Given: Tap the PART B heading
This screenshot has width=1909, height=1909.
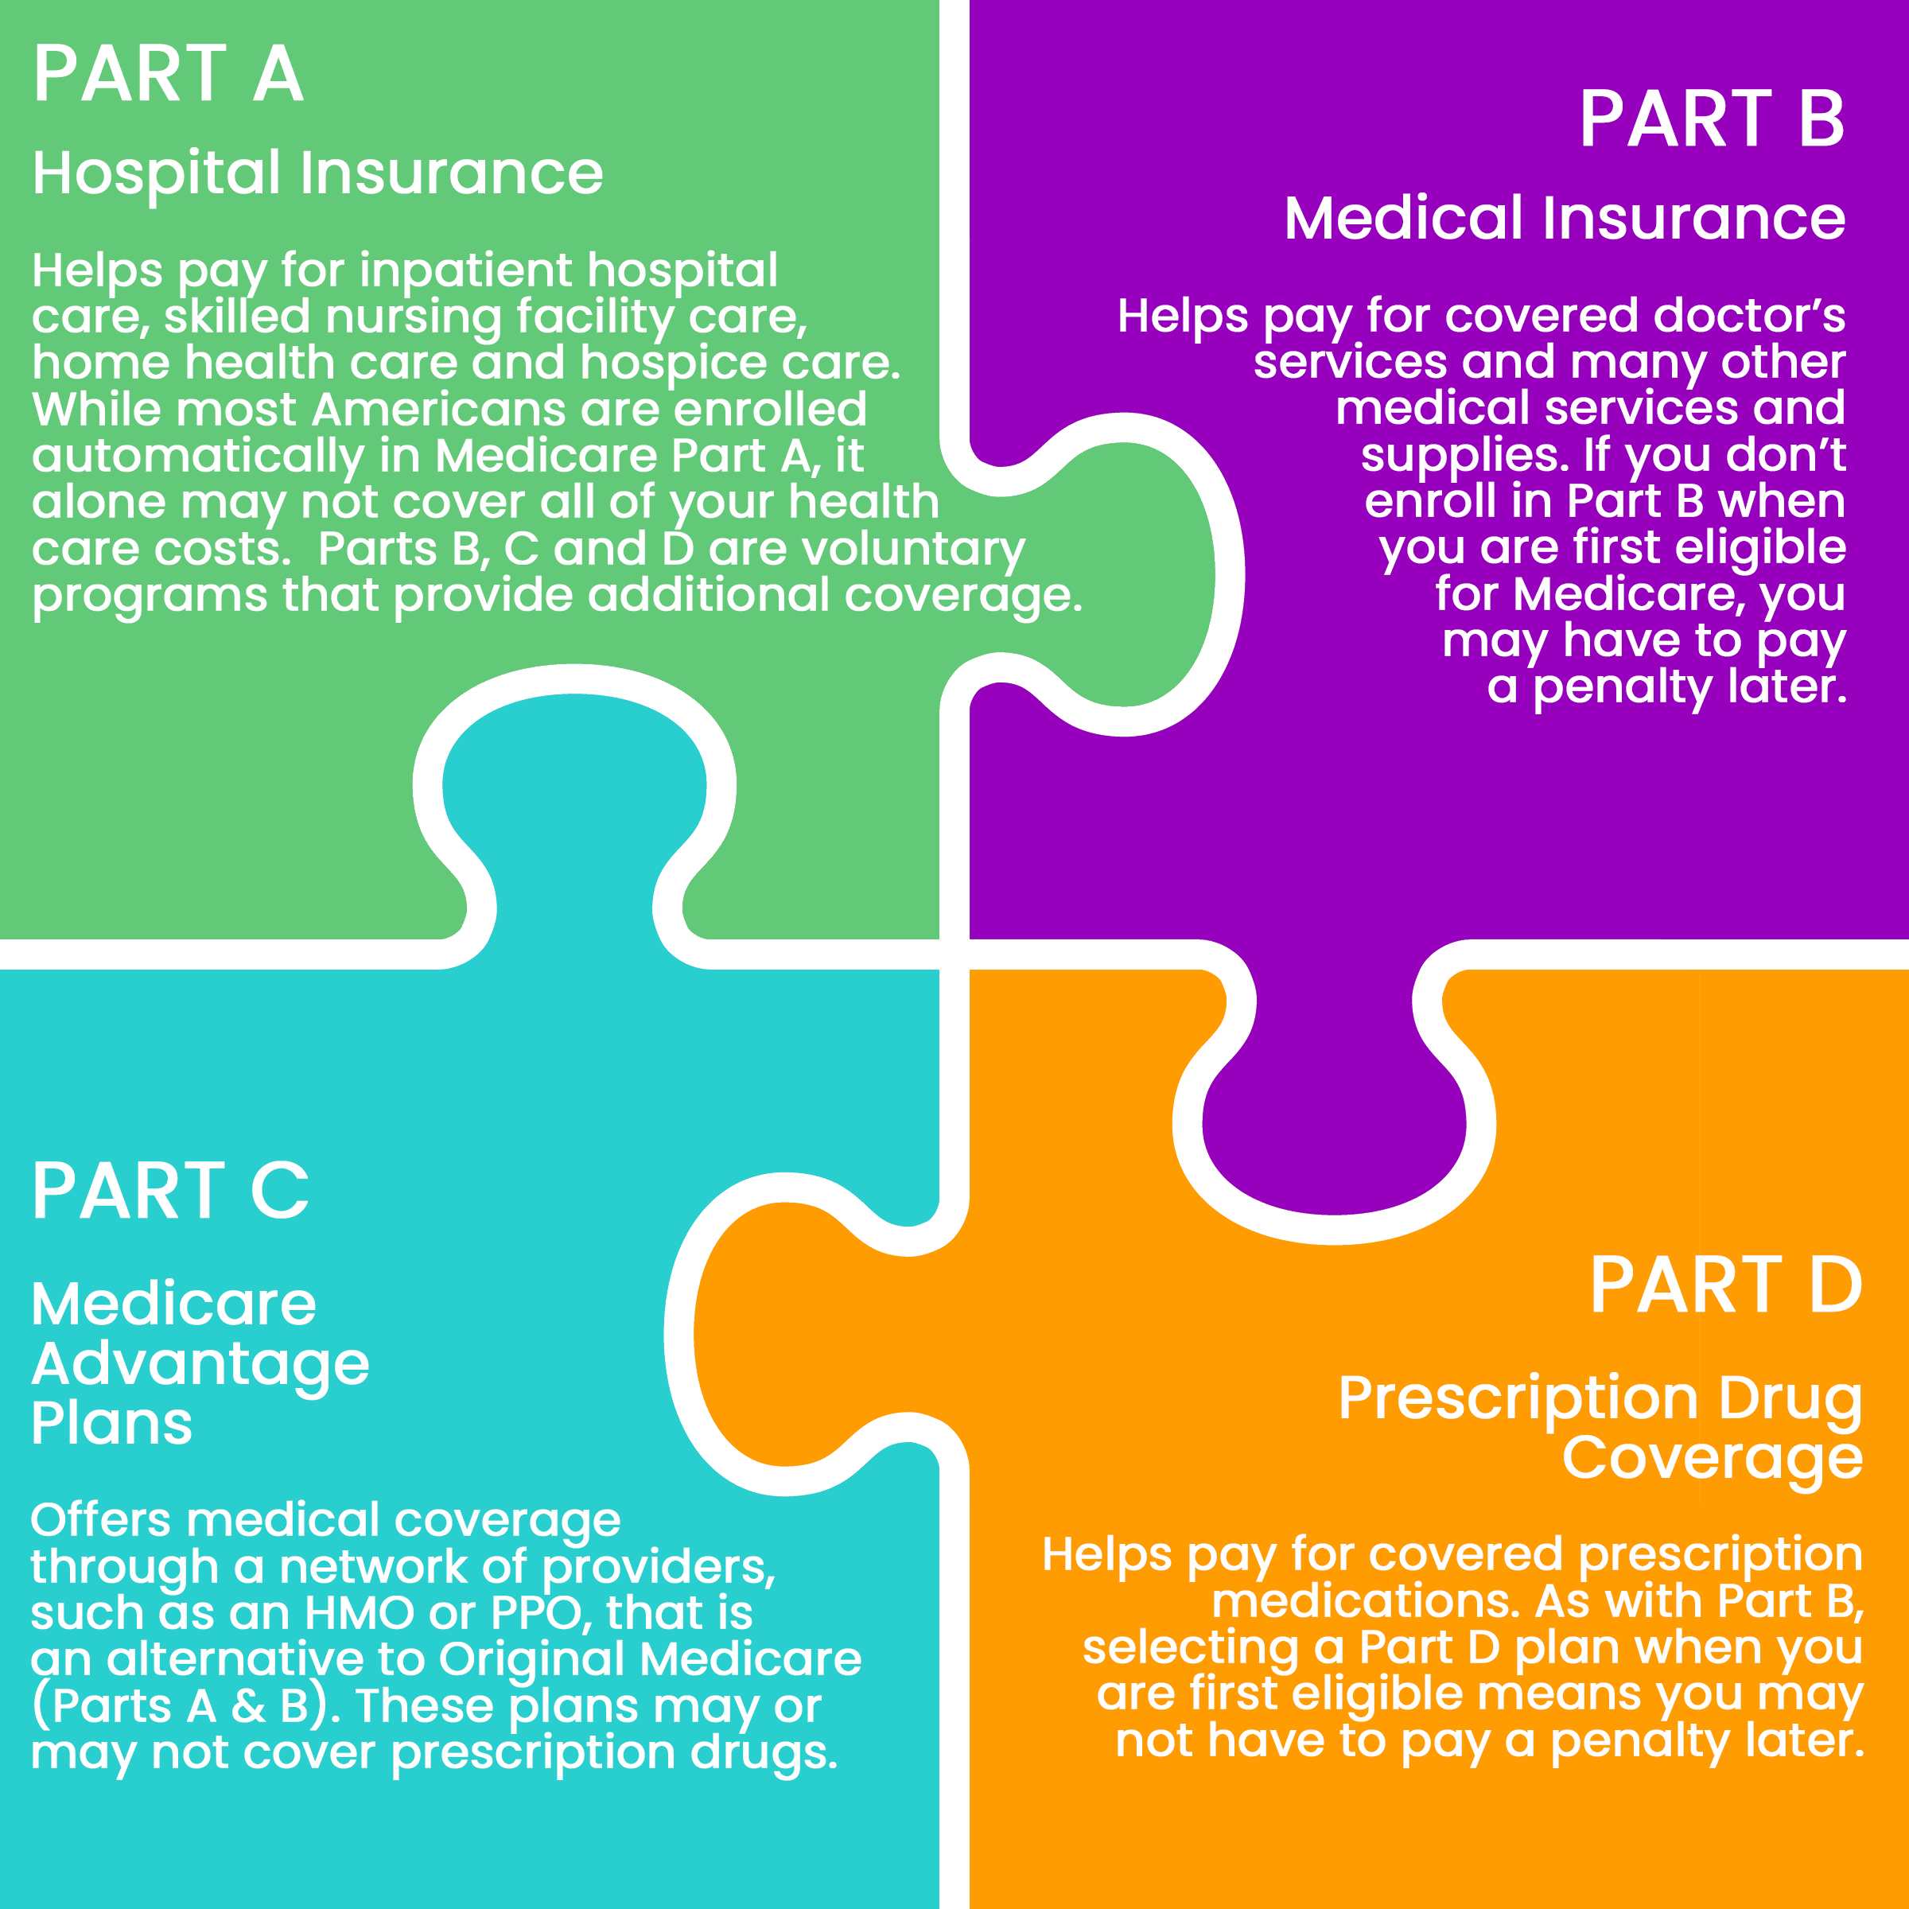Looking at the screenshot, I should coord(1712,119).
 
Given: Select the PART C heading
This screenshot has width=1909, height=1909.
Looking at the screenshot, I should coord(170,1192).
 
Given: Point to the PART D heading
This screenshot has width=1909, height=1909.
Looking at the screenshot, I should coord(1725,1285).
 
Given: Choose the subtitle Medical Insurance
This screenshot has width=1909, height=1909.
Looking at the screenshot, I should coord(1564,219).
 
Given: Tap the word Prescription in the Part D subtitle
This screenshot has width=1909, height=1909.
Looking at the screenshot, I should coord(1518,1398).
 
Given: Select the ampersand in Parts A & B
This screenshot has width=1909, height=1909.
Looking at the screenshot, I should coord(248,1706).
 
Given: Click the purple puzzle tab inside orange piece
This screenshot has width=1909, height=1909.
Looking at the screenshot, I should coord(1334,1126).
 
